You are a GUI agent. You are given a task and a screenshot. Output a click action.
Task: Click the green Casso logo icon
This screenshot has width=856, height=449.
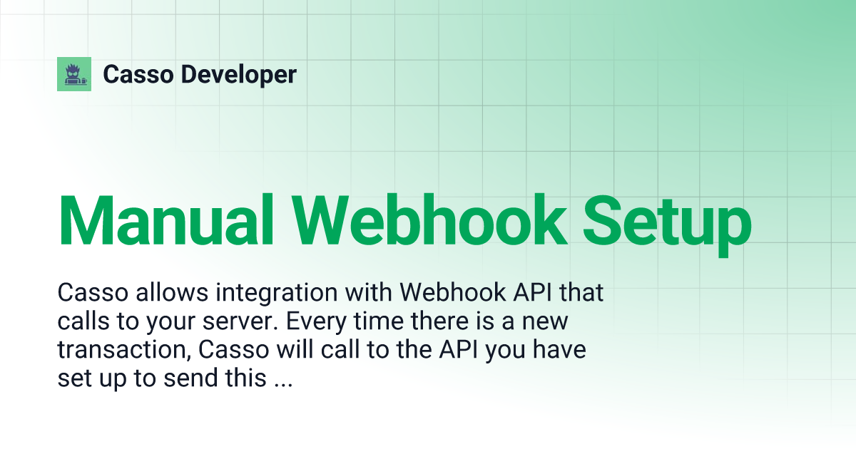[x=74, y=74]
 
